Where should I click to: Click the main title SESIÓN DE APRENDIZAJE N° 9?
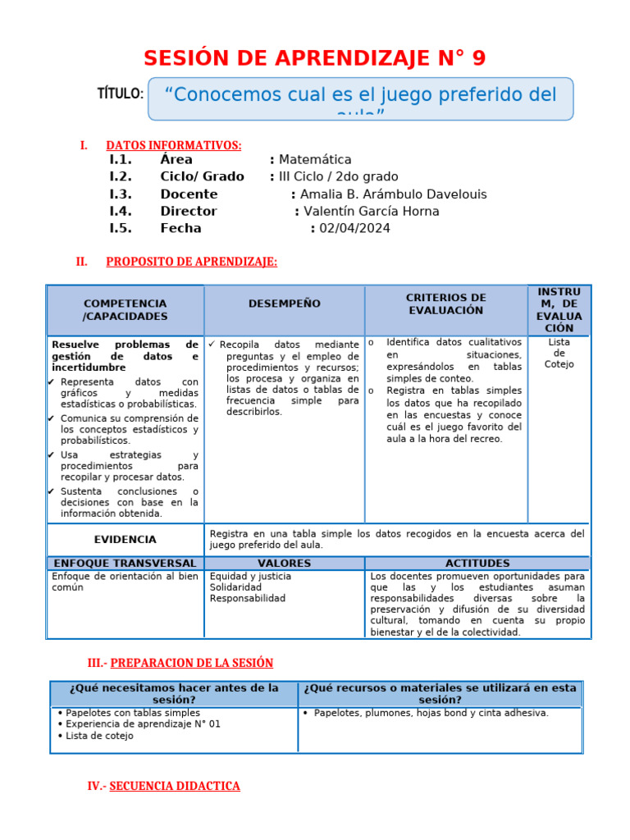click(x=314, y=58)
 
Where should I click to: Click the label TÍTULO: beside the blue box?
click(x=121, y=94)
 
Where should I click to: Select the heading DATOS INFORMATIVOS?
click(x=174, y=145)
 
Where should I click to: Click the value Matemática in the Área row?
click(x=315, y=160)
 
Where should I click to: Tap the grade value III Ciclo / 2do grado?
click(x=338, y=177)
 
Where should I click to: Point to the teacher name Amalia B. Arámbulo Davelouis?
click(x=393, y=194)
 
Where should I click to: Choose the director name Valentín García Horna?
click(x=372, y=212)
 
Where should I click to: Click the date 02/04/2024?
click(x=355, y=229)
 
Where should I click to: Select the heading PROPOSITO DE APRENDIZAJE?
click(x=191, y=262)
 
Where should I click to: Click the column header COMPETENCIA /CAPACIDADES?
click(x=125, y=310)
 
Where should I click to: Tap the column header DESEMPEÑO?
click(x=284, y=304)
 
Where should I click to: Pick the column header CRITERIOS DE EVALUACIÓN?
click(x=445, y=304)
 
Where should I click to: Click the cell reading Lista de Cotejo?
click(x=559, y=353)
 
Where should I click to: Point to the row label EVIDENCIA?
click(x=125, y=540)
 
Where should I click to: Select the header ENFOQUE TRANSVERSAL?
click(x=125, y=564)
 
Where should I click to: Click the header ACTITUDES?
click(x=477, y=564)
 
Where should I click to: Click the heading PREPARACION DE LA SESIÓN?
click(x=191, y=663)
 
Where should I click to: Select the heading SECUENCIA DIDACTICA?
click(x=175, y=786)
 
